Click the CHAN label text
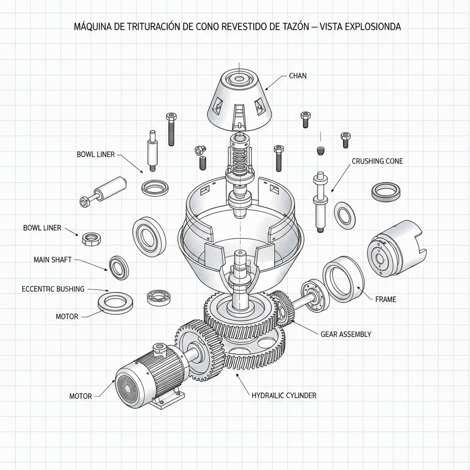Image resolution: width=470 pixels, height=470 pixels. pyautogui.click(x=297, y=76)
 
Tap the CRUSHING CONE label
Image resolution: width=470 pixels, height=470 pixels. pyautogui.click(x=377, y=161)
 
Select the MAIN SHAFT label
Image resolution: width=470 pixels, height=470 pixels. pyautogui.click(x=52, y=260)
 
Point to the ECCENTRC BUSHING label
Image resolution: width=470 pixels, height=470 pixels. pyautogui.click(x=53, y=289)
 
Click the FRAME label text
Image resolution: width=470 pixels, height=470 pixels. pyautogui.click(x=386, y=299)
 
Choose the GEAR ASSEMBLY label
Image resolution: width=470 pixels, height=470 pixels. pyautogui.click(x=345, y=334)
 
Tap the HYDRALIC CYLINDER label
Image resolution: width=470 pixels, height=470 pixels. pyautogui.click(x=284, y=395)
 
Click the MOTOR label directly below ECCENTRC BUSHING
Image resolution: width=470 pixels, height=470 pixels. pyautogui.click(x=67, y=317)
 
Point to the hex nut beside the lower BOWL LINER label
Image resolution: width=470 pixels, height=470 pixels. pyautogui.click(x=89, y=238)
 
